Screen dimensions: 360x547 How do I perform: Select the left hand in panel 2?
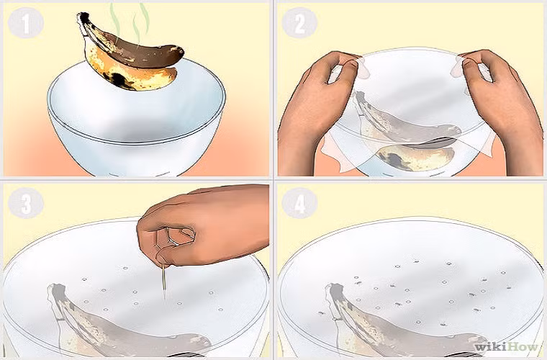(x=313, y=108)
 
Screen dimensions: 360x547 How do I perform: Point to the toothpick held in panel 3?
(x=165, y=281)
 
